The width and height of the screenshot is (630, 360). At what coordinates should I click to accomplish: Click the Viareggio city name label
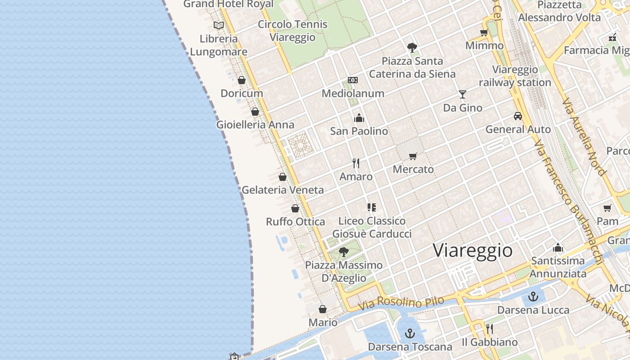472,250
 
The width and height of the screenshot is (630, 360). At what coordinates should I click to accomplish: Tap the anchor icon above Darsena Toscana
409,333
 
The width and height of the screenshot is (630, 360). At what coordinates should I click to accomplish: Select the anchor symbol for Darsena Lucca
533,297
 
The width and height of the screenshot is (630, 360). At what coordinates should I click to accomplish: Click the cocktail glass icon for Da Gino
463,94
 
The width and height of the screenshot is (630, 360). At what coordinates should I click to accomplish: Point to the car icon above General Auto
518,116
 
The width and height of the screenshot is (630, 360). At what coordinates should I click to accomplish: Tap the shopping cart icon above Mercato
413,156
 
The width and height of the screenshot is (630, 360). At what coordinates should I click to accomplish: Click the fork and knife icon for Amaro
356,163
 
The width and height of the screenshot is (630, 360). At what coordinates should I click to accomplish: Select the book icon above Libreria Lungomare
219,26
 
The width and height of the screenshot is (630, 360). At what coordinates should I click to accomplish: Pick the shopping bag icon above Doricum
242,80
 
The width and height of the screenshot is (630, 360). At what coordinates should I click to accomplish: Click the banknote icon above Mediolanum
353,80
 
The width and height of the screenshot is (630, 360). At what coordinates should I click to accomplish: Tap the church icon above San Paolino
359,118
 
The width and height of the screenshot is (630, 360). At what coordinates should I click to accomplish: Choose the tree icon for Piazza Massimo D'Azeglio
344,252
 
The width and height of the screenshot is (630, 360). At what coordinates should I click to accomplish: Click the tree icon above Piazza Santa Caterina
412,47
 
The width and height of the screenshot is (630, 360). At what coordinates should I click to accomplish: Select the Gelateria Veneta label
283,190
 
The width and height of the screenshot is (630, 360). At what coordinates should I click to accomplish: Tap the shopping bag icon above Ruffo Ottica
295,208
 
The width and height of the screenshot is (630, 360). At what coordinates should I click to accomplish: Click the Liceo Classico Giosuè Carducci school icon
372,207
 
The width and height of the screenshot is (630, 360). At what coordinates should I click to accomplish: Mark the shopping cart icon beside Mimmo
484,32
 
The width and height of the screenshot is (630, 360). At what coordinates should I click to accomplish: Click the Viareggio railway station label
515,76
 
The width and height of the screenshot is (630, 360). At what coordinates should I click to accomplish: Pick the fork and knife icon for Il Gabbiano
490,329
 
